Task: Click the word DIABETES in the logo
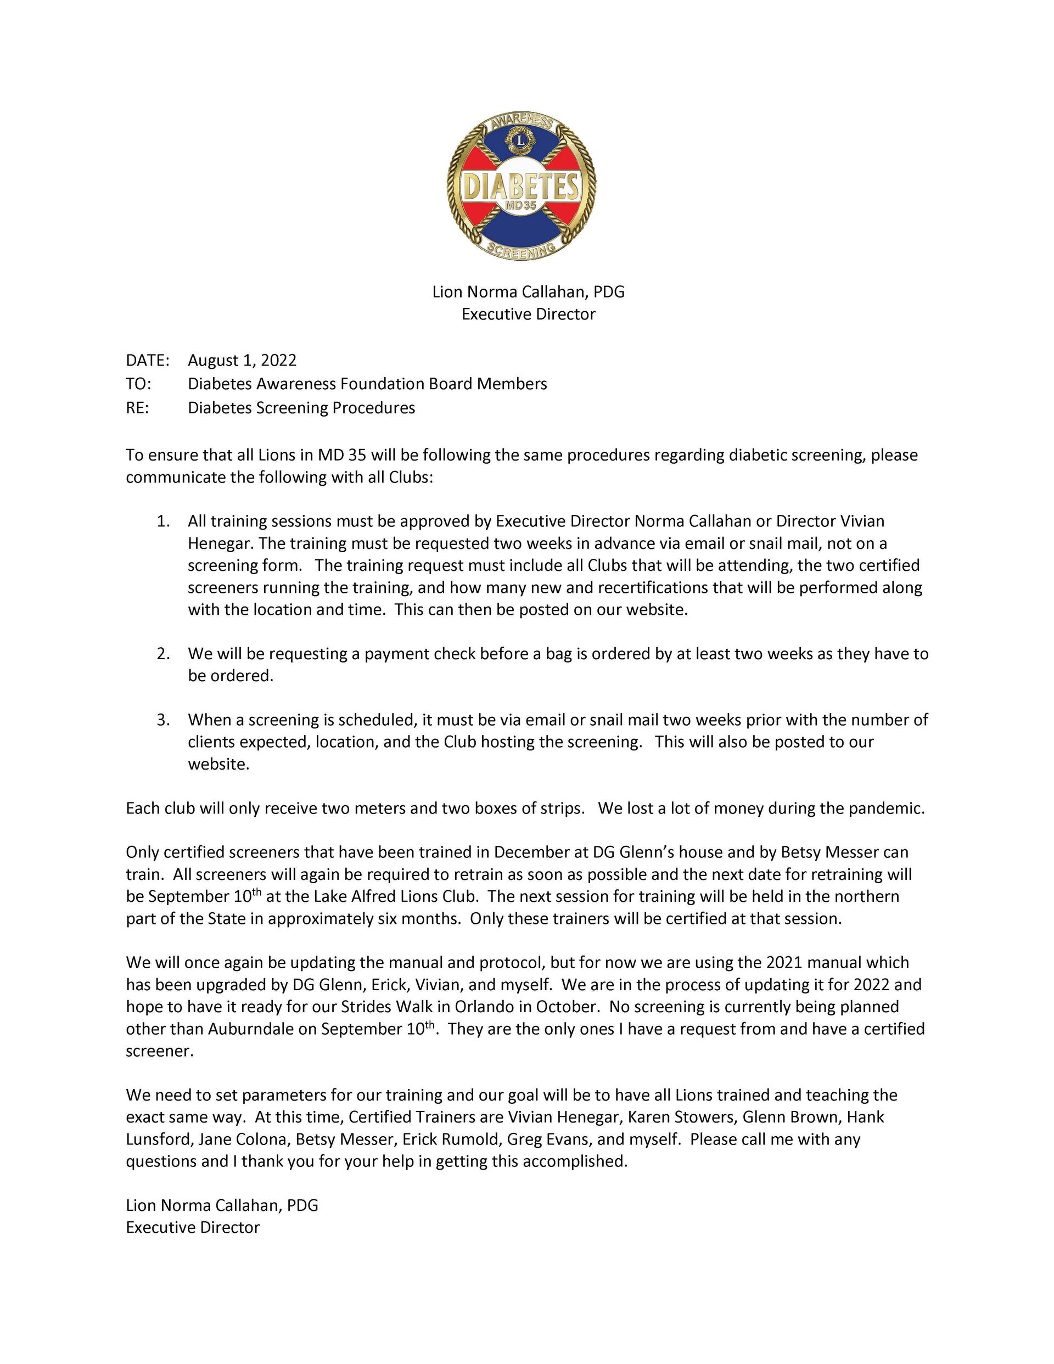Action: click(520, 186)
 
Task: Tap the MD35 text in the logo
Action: click(521, 207)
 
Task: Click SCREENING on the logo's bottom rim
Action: click(521, 250)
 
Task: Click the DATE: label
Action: click(148, 361)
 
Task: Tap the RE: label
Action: click(137, 408)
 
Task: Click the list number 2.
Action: click(163, 654)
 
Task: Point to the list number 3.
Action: click(163, 720)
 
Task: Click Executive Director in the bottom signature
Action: click(193, 1227)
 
